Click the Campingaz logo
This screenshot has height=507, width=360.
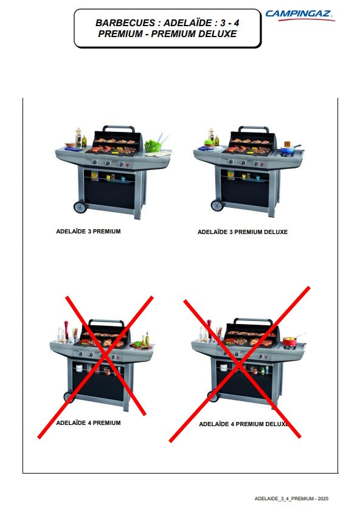click(x=300, y=15)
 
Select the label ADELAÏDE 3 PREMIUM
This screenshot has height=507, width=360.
click(x=88, y=232)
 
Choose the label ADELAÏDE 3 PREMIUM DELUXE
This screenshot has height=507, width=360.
click(x=243, y=232)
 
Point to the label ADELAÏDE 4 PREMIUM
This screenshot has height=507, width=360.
click(x=88, y=423)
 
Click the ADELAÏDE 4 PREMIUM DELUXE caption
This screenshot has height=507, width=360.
click(x=243, y=424)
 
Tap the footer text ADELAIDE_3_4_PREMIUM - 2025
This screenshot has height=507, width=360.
click(x=291, y=498)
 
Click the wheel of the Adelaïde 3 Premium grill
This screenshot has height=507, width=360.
click(x=80, y=207)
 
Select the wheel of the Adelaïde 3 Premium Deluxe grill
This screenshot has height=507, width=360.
click(x=217, y=205)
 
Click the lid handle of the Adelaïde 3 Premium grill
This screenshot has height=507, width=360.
click(x=119, y=128)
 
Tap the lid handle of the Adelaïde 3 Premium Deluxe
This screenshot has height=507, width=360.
click(x=254, y=129)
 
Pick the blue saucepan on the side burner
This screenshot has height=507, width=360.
click(x=289, y=150)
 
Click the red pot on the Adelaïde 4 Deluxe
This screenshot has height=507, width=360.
click(x=290, y=342)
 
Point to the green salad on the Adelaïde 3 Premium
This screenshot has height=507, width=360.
click(x=153, y=146)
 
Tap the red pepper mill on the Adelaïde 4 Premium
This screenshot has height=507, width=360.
click(x=66, y=329)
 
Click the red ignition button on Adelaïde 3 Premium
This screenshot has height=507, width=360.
click(x=127, y=165)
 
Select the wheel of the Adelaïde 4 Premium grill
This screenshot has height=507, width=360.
click(x=69, y=397)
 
